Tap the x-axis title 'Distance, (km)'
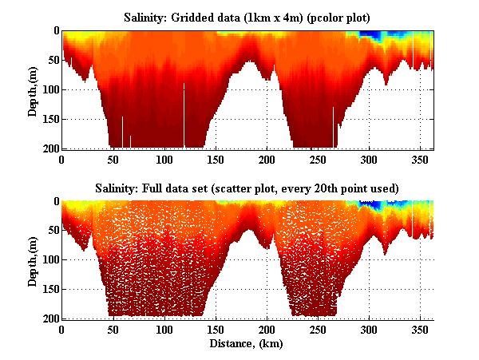click(x=247, y=344)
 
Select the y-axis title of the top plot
click(x=33, y=89)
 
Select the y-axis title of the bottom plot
click(x=33, y=259)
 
